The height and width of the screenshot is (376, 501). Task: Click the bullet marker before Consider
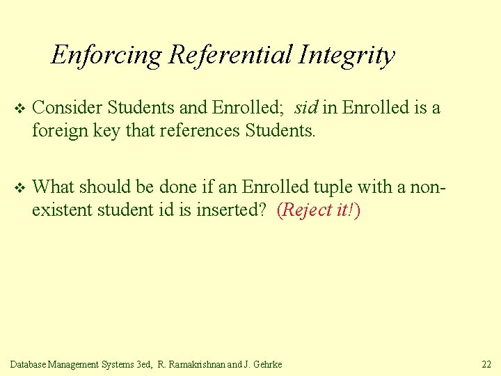click(19, 109)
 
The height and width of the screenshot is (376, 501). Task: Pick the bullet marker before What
click(19, 188)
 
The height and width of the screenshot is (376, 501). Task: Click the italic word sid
click(306, 108)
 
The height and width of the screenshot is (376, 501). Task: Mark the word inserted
click(229, 209)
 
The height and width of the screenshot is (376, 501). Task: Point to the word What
click(52, 187)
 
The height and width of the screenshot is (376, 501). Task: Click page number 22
click(486, 364)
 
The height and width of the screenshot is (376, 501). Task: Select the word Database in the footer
click(30, 364)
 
